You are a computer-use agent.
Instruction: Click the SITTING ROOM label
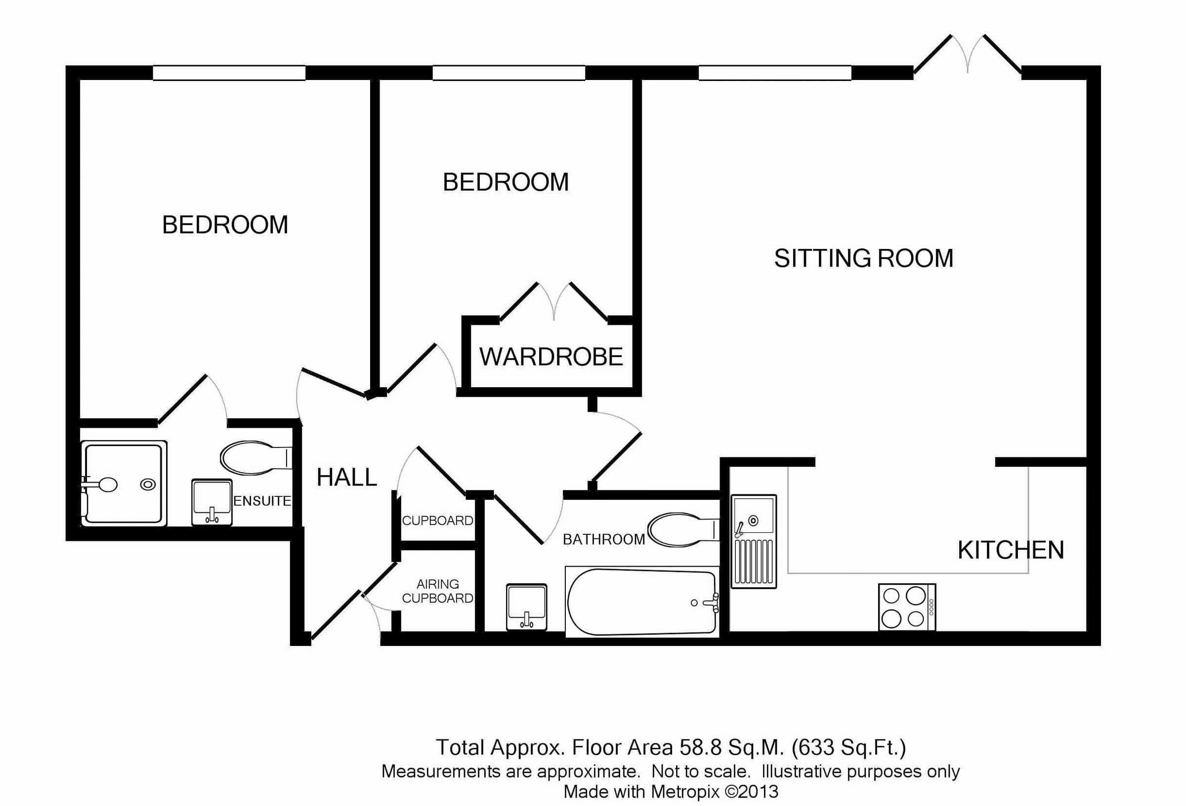[863, 258]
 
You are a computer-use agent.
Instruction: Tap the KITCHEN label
[1011, 550]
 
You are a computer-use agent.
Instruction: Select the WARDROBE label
[551, 357]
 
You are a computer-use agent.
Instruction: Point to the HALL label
[346, 478]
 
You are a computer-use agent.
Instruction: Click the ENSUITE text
[262, 501]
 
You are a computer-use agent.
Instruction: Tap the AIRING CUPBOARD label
[437, 591]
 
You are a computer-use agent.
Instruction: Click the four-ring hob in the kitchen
[907, 607]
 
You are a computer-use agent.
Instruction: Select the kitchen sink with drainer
[754, 541]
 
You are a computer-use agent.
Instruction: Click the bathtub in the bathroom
[642, 603]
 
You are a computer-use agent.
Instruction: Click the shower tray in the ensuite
[124, 483]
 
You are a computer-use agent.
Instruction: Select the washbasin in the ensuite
[212, 502]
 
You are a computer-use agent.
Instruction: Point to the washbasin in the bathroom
[527, 607]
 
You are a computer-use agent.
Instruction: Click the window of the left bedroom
[229, 73]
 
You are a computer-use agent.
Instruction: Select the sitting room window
[775, 73]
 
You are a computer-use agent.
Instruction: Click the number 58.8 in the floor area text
[700, 748]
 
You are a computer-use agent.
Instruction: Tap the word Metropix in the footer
[685, 791]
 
